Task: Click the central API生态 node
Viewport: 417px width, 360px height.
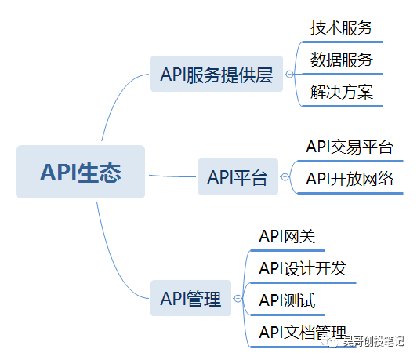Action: pos(81,172)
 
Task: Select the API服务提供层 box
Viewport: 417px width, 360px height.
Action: pos(216,75)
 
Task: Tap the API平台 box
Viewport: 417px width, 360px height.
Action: pos(237,177)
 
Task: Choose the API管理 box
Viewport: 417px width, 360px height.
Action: pos(190,298)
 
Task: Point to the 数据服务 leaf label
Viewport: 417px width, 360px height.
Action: pos(341,60)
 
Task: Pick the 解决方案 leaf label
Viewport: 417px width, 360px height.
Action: pos(341,93)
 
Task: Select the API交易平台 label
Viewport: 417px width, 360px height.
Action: pos(349,147)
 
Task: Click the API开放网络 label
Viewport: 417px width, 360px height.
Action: pos(349,179)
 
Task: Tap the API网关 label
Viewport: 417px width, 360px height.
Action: pos(287,236)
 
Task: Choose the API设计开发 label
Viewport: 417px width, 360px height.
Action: pos(302,268)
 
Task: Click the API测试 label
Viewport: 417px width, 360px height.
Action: pos(287,300)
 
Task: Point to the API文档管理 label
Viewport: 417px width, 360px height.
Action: pos(302,333)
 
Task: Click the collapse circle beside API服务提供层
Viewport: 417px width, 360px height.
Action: pos(290,75)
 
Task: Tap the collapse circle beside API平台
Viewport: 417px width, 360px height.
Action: pos(285,177)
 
